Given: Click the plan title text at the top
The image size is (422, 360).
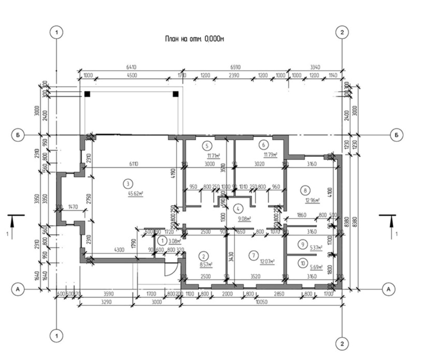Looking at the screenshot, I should click(194, 39).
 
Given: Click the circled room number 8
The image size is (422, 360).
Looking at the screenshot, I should click(305, 190).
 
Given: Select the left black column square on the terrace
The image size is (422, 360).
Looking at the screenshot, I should click(87, 94).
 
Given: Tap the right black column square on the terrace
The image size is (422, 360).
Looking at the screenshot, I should click(175, 94).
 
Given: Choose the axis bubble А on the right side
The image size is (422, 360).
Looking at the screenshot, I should click(388, 289).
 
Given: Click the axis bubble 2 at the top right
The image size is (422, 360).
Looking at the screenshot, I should click(341, 32).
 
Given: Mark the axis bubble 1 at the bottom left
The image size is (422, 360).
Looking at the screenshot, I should click(56, 335).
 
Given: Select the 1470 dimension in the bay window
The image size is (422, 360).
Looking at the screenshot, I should click(73, 207).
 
